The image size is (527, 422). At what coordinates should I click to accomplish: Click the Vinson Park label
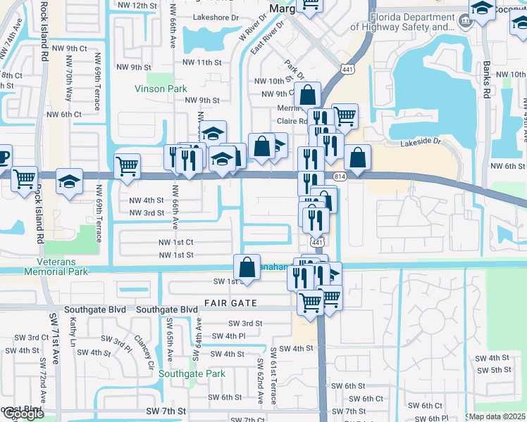coord(161,89)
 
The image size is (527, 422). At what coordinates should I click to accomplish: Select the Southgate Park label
coord(192,374)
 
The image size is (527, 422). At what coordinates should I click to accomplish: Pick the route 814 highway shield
coord(340,177)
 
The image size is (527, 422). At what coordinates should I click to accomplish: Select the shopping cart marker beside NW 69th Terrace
coord(127,167)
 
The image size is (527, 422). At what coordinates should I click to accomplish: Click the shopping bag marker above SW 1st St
coord(247,267)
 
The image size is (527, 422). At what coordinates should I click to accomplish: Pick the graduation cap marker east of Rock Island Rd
coord(70,181)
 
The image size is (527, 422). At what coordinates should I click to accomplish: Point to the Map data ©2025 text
coord(497,416)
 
